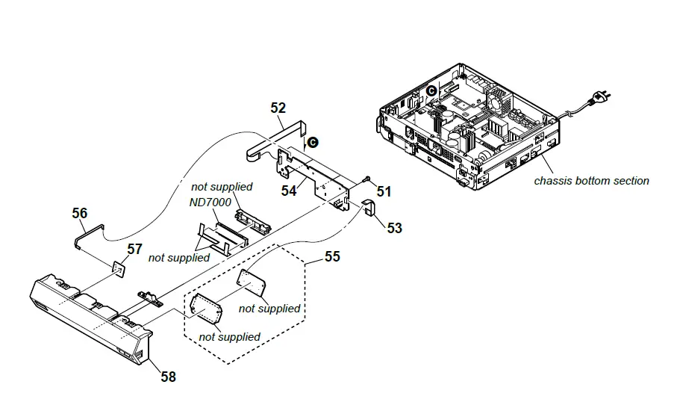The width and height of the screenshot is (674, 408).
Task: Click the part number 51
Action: click(x=384, y=191)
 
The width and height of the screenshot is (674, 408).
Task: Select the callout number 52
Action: click(x=278, y=108)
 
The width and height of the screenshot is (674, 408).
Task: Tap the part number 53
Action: click(x=394, y=227)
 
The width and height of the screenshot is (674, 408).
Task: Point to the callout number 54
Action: click(x=289, y=191)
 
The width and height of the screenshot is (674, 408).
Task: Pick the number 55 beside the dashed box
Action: click(x=332, y=256)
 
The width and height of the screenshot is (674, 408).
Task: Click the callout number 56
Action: click(x=80, y=213)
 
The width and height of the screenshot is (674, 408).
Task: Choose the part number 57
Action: click(x=134, y=248)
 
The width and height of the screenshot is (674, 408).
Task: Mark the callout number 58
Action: click(x=169, y=377)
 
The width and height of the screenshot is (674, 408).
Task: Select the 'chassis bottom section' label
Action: click(x=591, y=180)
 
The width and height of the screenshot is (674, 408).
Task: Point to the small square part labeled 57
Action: click(x=118, y=267)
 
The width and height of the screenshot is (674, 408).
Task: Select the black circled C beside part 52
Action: click(x=313, y=140)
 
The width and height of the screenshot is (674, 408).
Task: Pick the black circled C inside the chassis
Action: click(x=431, y=90)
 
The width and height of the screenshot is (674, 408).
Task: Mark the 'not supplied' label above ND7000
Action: click(x=222, y=186)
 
